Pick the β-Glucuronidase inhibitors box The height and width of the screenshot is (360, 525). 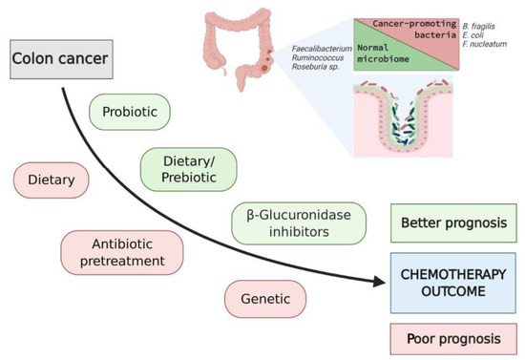pyautogui.click(x=287, y=223)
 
